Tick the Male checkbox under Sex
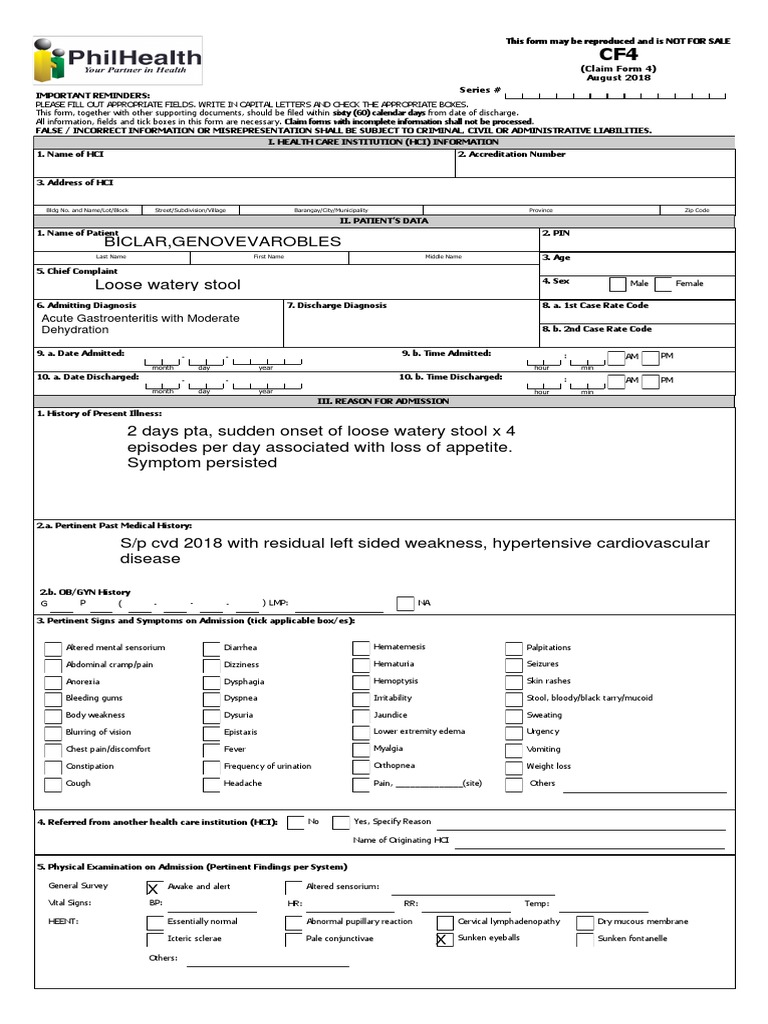tap(618, 284)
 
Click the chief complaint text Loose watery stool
tap(167, 285)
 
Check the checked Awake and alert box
tap(153, 887)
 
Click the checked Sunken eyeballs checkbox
tap(444, 939)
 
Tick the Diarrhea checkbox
tap(212, 649)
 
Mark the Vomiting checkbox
tap(514, 750)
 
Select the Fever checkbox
tap(212, 750)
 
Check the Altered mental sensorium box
tap(53, 649)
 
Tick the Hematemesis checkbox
tap(361, 649)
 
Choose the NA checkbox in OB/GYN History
tap(404, 603)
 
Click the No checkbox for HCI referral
tap(295, 823)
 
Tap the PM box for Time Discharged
tap(650, 381)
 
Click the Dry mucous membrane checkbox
tap(584, 922)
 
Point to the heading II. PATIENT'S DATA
tap(384, 220)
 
